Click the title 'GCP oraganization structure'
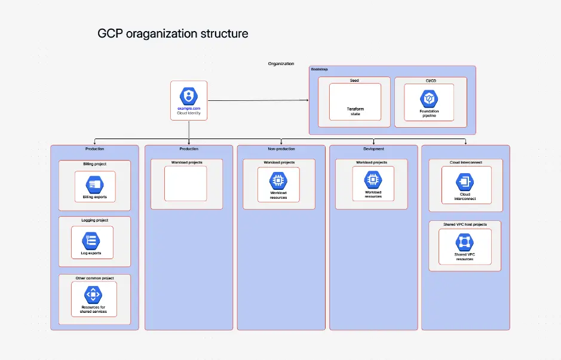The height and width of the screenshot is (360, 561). (x=173, y=33)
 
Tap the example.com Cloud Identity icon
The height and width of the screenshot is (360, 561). (x=189, y=96)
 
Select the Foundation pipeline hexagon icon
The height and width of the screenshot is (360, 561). (x=429, y=98)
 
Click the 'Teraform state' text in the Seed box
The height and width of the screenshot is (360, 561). (x=355, y=112)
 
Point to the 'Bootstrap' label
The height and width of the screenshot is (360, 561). (x=320, y=69)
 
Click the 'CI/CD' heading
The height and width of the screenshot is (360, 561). (x=430, y=81)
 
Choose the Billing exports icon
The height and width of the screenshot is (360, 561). (x=94, y=184)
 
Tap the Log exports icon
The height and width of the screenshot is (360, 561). (x=91, y=240)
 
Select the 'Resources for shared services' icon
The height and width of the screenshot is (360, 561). (x=93, y=294)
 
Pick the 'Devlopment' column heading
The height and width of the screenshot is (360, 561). (x=373, y=149)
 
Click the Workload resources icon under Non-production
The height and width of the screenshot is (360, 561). (x=278, y=180)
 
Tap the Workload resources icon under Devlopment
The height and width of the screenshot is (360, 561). (x=373, y=179)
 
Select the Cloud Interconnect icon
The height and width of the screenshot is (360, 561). (x=465, y=181)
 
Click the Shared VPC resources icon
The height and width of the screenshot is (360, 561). (x=464, y=242)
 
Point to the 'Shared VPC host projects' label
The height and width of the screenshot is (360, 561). (x=465, y=224)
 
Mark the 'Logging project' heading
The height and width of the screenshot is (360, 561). (x=94, y=220)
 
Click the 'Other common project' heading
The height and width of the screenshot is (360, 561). (x=94, y=278)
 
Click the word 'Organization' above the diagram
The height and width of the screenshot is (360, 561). (x=281, y=63)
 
